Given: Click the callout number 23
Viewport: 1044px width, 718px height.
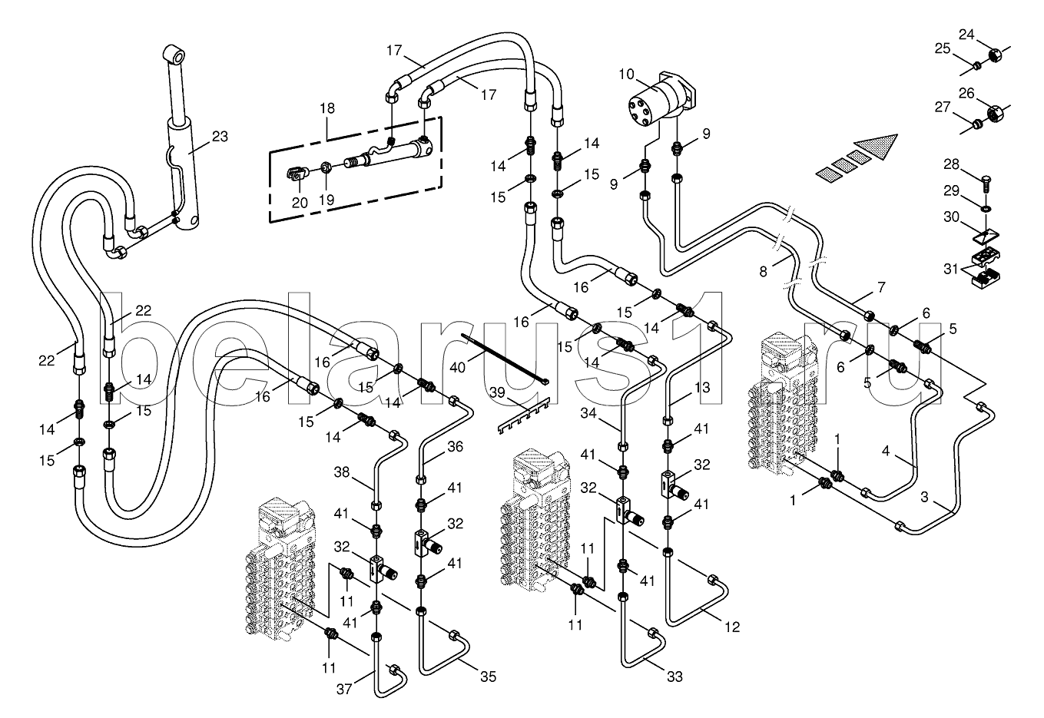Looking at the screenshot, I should click(220, 137).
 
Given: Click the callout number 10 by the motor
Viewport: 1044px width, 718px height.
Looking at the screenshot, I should click(626, 74).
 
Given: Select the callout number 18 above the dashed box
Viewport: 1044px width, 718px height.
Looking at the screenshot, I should click(327, 108).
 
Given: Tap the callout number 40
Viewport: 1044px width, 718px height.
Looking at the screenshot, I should click(457, 368).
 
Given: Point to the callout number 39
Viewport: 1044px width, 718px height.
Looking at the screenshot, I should click(498, 392).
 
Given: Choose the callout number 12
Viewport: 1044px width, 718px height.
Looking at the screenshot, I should click(731, 627).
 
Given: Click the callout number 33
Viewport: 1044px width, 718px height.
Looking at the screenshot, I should click(674, 677).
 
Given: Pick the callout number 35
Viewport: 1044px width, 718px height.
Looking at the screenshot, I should click(488, 677).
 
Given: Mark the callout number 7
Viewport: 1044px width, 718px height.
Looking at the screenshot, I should click(880, 287).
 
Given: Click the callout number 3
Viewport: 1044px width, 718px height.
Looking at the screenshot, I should click(924, 498).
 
